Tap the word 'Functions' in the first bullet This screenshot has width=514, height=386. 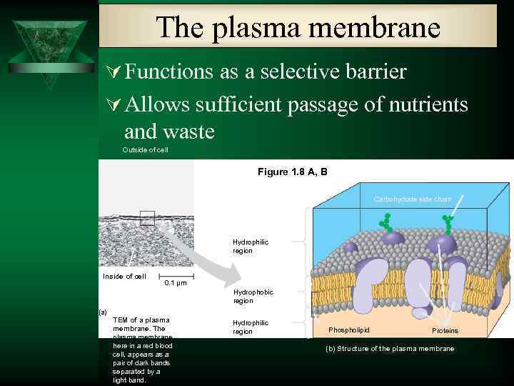[168, 71]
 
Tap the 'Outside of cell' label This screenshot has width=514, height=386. [145, 150]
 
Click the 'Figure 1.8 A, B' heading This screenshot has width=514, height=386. [292, 172]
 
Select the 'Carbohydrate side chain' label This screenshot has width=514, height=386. [413, 199]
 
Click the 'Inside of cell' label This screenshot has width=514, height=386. [124, 277]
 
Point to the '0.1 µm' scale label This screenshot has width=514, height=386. [176, 283]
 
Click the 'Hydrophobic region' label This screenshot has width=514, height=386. [253, 296]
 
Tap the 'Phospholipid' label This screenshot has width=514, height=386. [349, 330]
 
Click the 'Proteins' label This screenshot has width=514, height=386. [445, 331]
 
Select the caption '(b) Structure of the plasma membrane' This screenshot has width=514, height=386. [389, 348]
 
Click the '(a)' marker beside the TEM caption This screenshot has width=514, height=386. [103, 312]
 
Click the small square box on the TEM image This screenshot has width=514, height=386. [147, 219]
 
